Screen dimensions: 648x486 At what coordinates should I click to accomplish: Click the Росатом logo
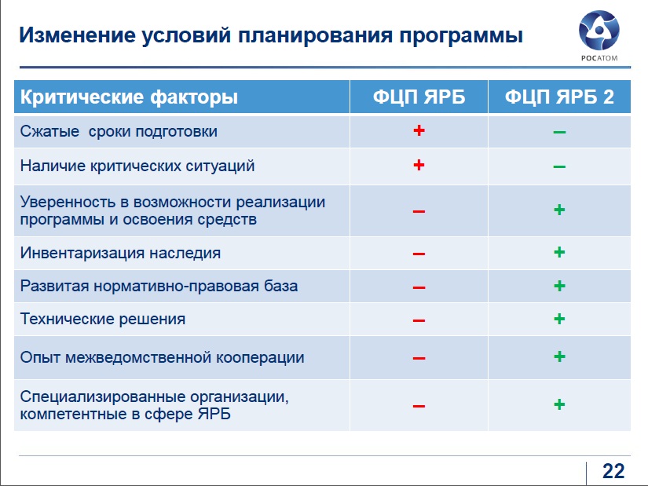(599, 35)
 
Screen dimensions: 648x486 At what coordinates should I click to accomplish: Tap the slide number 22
(613, 471)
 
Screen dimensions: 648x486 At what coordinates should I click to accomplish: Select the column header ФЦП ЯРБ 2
(559, 97)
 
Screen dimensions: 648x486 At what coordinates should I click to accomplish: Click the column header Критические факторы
(129, 97)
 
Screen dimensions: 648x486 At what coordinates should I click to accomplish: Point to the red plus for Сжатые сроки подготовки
(419, 130)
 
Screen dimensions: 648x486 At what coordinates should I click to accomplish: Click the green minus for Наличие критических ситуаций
(559, 167)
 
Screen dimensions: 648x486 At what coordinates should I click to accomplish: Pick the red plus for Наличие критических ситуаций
(419, 165)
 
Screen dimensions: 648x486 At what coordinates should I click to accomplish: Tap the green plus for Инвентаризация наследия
(559, 252)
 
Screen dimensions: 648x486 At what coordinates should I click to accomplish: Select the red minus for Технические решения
(419, 320)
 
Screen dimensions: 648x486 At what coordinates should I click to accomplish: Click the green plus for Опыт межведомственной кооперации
(559, 356)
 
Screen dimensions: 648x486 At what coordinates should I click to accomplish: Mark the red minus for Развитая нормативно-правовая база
(419, 287)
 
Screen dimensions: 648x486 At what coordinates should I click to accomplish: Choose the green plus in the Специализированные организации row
(559, 404)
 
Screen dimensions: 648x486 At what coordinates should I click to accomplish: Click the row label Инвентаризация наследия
(120, 253)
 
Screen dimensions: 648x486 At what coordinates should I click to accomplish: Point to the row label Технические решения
(102, 319)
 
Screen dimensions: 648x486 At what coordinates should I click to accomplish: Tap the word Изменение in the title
(77, 35)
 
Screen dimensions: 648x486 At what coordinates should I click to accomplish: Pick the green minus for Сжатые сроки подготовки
(559, 132)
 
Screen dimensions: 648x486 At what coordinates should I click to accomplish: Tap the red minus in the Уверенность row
(419, 211)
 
